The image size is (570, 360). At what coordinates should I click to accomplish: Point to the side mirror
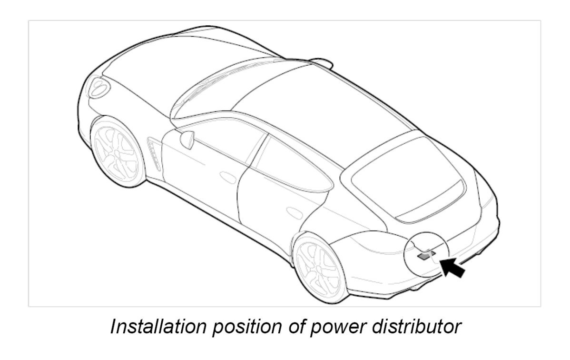[x=187, y=139]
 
